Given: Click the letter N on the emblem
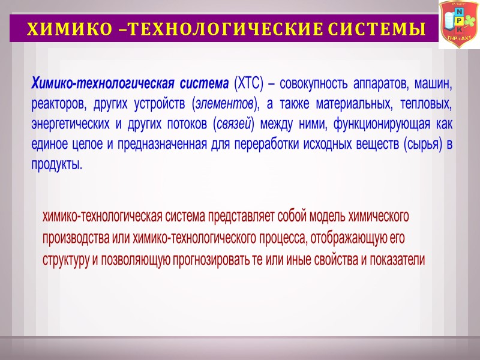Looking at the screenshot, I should (x=459, y=12).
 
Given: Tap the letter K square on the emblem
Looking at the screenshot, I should (x=459, y=29).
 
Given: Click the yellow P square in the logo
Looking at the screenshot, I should (x=459, y=20).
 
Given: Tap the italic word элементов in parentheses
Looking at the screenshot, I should (x=226, y=103).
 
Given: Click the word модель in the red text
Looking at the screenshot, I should (x=322, y=215).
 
